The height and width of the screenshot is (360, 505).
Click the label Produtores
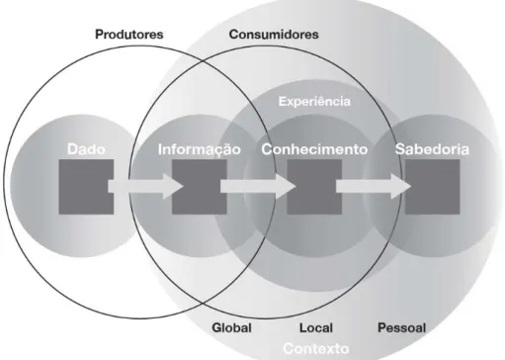pos(129,35)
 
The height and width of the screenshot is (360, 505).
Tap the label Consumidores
pos(274,35)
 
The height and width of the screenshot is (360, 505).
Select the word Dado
pos(86,149)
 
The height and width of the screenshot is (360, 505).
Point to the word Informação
pos(200,149)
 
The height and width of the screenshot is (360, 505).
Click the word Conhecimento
pos(314,149)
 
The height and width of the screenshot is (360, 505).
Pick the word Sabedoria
pos(432,149)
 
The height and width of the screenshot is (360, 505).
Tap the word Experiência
pos(314,101)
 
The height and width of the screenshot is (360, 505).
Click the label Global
pos(232,327)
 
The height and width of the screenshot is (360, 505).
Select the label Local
pos(316,327)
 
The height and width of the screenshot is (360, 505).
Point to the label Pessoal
pos(401,327)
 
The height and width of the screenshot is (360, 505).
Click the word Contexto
pos(316,348)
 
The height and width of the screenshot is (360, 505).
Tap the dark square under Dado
pos(86,187)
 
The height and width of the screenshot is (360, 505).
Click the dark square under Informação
pos(200,187)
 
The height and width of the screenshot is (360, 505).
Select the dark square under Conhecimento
pos(314,187)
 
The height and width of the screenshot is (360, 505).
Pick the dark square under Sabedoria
pos(432,187)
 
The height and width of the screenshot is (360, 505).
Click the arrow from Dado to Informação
pos(145,187)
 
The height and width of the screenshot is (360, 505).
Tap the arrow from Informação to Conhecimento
pos(258,187)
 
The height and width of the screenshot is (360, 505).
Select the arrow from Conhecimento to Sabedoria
pos(374,187)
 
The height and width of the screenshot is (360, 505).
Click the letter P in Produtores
pos(99,35)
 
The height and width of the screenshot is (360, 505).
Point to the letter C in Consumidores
pos(233,35)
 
